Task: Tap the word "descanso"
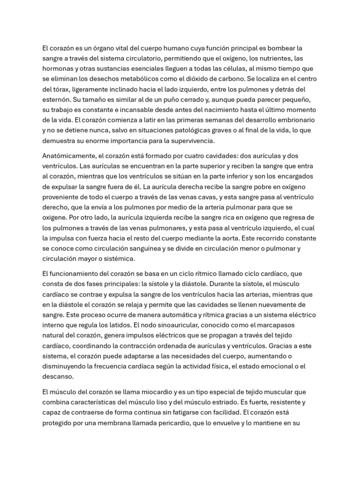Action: click(58, 376)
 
